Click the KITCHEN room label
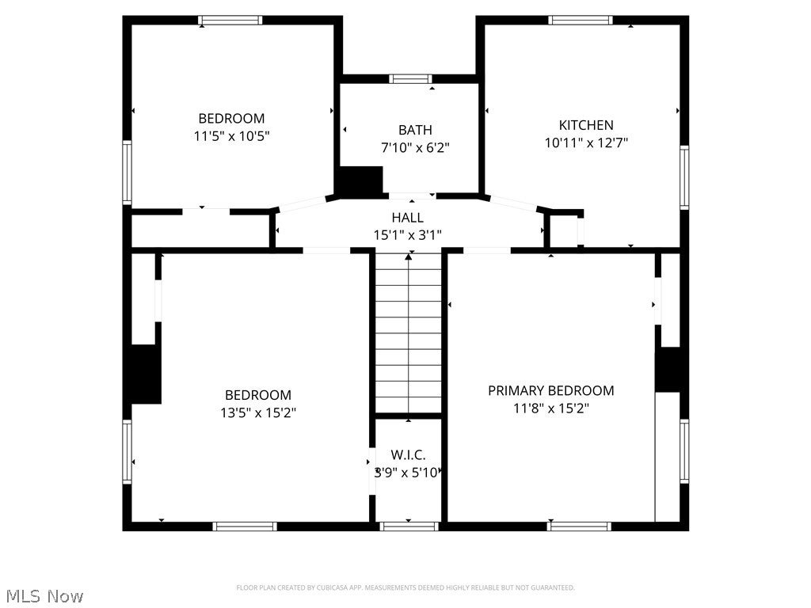coord(586,125)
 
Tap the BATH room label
coord(415,130)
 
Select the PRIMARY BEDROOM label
coord(550,390)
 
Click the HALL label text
coord(407,218)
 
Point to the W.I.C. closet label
coord(408,455)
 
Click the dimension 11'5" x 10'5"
coord(232,136)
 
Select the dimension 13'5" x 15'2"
coord(258,412)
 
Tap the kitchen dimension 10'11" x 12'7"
coord(586,143)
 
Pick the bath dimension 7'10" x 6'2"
coord(415,147)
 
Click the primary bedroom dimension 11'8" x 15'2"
coord(550,408)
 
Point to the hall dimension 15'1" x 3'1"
coord(407,235)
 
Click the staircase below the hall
coord(408,332)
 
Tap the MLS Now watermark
coord(44,595)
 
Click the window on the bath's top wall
coord(410,78)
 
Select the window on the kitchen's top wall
coord(581,21)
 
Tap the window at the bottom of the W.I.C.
coord(409,526)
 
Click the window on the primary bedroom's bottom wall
coord(580,526)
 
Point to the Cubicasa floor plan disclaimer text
coord(405,587)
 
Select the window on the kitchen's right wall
coord(683,177)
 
